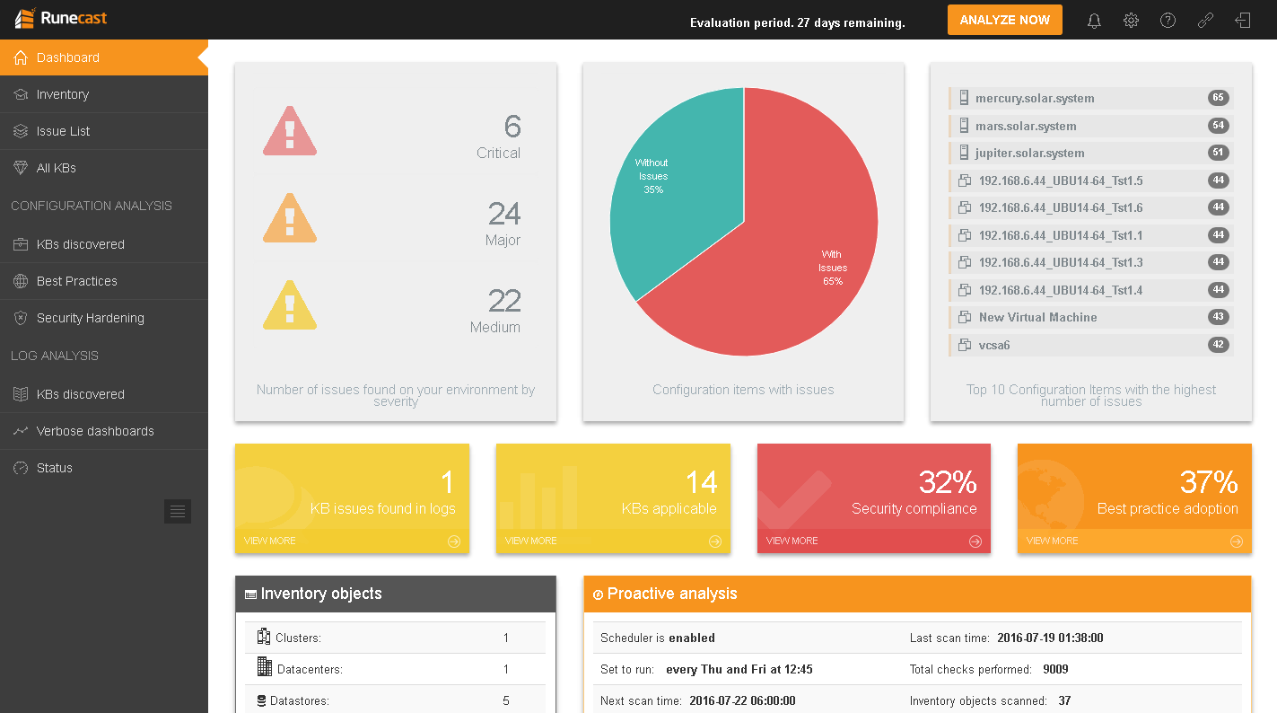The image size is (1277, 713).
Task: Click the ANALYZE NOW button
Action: (x=1004, y=20)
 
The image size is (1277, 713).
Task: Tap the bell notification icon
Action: (x=1094, y=21)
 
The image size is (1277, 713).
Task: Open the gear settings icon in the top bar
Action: (x=1131, y=21)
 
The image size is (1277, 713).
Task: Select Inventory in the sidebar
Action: (x=62, y=94)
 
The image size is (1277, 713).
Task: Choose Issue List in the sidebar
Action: (x=63, y=131)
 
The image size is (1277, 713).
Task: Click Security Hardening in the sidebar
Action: (x=90, y=318)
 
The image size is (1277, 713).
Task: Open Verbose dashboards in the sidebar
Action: (x=95, y=431)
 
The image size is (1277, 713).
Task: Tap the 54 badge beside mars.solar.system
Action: (x=1218, y=126)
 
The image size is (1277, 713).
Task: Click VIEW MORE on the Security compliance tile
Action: (x=792, y=541)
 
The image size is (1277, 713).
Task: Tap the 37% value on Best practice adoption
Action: (x=1209, y=482)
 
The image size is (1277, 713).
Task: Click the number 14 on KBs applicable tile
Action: (x=701, y=482)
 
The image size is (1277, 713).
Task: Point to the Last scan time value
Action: (x=1050, y=638)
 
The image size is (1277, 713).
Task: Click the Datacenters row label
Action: (x=310, y=669)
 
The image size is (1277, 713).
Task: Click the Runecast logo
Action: (x=62, y=18)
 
